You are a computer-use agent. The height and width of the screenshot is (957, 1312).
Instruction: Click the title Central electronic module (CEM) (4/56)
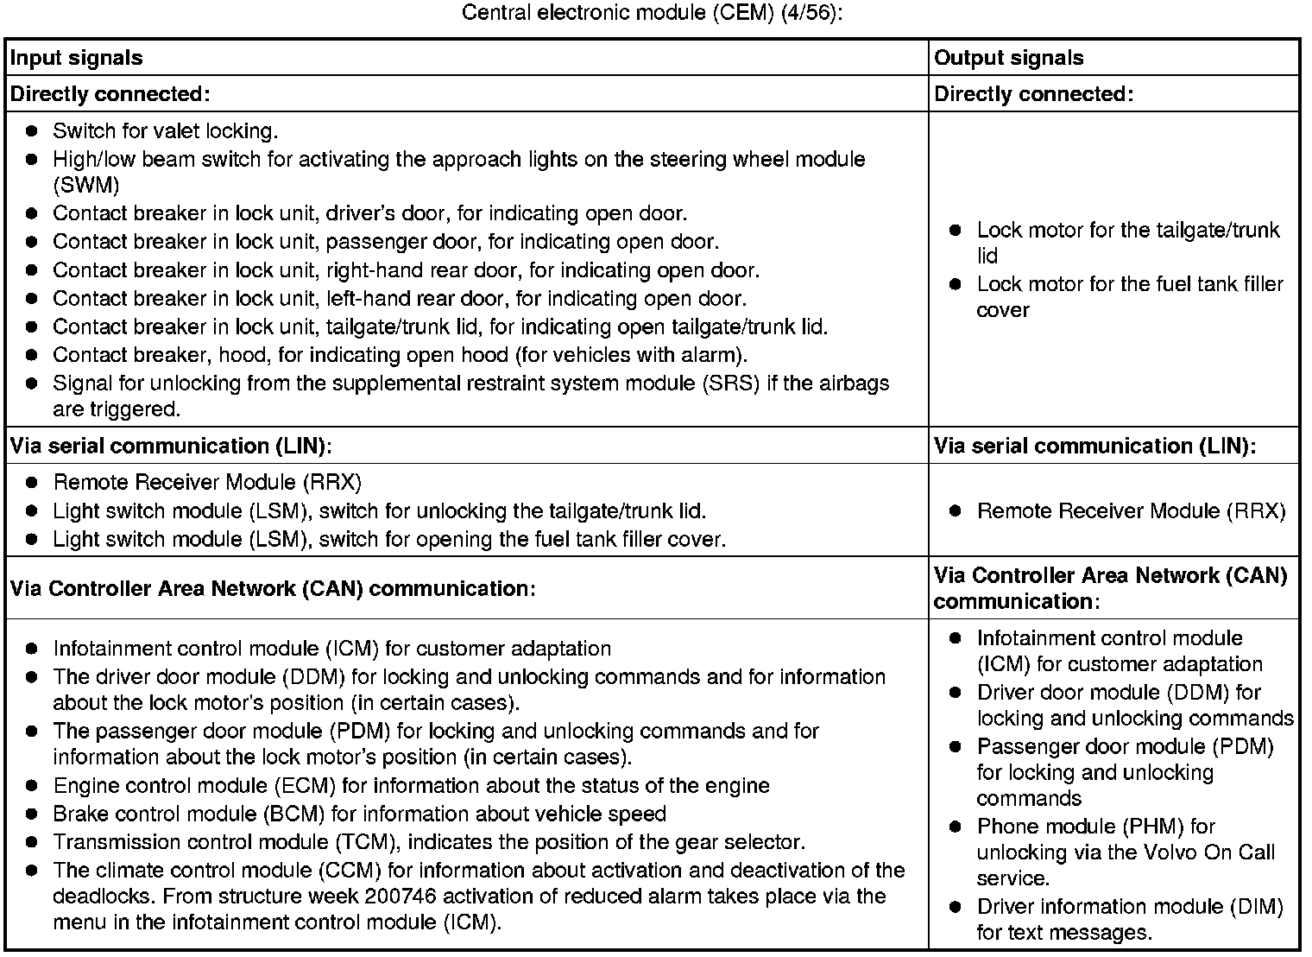(x=652, y=14)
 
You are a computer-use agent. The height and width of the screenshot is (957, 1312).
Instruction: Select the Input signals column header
(x=76, y=58)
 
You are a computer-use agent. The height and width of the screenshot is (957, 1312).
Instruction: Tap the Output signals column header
(x=1008, y=58)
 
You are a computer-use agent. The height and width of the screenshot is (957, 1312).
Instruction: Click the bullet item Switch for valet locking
(x=165, y=131)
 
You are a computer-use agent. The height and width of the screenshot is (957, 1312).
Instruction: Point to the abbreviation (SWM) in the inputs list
(x=86, y=185)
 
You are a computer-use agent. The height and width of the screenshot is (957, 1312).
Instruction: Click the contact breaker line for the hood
(x=400, y=355)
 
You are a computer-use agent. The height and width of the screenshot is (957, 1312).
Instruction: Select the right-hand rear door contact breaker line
(x=406, y=270)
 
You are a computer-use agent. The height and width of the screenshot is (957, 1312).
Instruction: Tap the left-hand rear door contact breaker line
(x=399, y=299)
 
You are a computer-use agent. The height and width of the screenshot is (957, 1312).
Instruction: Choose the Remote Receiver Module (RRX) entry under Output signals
(x=1131, y=511)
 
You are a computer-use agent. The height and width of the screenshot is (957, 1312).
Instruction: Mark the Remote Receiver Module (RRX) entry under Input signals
(x=207, y=482)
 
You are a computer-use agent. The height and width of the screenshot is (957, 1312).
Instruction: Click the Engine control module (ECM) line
(x=411, y=786)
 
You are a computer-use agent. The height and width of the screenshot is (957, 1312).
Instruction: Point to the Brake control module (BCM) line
(x=359, y=814)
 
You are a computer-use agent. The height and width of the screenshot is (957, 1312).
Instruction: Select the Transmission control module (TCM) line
(x=428, y=842)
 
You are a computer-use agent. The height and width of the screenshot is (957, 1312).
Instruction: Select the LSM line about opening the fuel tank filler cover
(x=388, y=540)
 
